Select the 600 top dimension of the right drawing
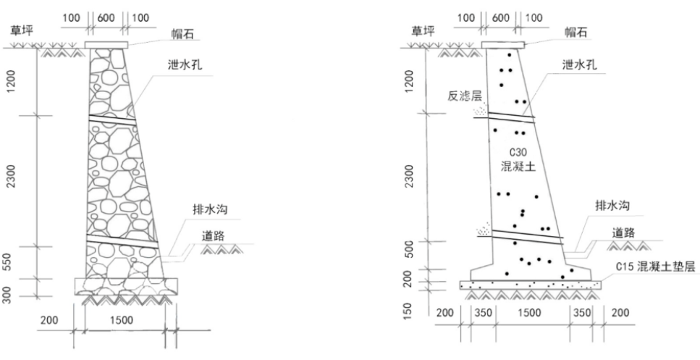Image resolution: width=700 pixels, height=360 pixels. coord(501,17)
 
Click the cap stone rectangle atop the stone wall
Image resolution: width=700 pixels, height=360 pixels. coord(107,45)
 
